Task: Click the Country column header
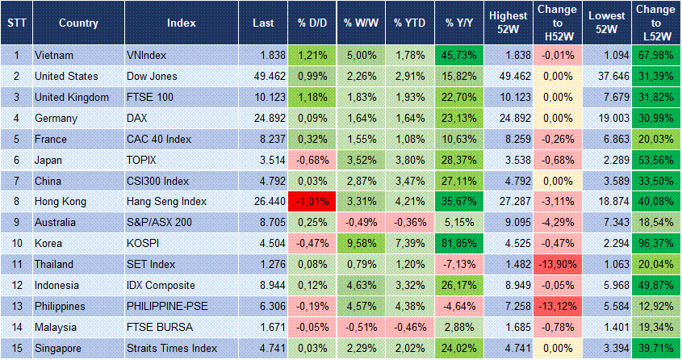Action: pos(78,23)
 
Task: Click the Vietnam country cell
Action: pos(55,56)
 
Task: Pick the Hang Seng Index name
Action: pos(167,201)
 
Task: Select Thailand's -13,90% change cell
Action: pos(557,264)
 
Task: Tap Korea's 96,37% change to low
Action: pos(655,242)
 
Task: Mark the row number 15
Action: pos(15,348)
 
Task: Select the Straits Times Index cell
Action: pos(172,348)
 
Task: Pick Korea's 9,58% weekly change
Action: pos(359,242)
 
